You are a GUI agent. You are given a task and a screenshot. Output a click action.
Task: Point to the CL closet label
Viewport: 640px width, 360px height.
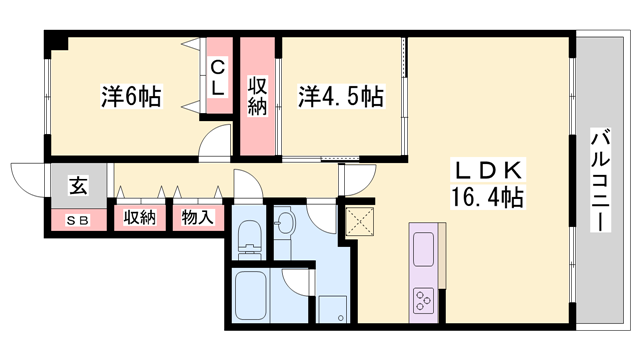(217, 77)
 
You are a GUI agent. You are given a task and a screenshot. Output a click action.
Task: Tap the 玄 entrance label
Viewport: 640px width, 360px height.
(77, 186)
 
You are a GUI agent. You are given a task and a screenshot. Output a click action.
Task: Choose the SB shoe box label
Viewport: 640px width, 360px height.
(76, 219)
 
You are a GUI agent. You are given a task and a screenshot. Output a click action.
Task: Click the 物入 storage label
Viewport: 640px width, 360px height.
(196, 217)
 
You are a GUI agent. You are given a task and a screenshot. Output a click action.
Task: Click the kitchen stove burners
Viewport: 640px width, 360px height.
(424, 298)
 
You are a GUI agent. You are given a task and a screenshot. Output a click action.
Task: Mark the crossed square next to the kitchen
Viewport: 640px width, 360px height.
(357, 220)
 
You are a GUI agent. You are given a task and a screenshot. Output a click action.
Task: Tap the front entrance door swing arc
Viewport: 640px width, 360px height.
(27, 178)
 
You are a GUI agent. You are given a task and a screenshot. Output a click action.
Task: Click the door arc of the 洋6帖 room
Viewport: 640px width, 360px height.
(211, 145)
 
